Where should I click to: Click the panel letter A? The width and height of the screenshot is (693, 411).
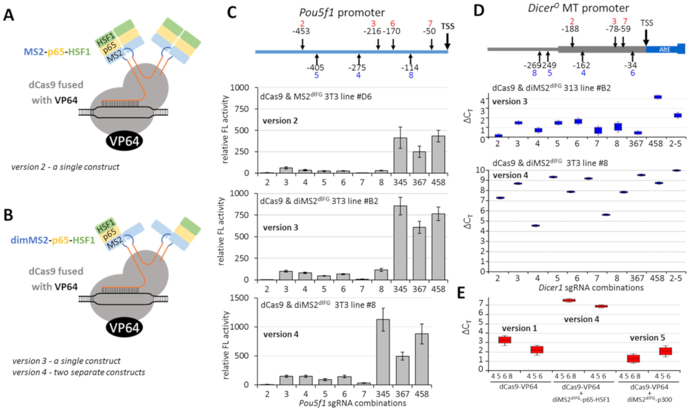[9, 15]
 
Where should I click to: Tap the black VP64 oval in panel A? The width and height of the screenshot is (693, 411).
[124, 141]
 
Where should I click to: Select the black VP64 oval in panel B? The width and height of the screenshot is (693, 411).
[124, 328]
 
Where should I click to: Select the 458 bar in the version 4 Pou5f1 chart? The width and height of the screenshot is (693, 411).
[421, 359]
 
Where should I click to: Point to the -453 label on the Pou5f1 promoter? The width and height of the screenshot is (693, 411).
[301, 31]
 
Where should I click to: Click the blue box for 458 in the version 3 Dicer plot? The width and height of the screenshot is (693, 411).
[658, 97]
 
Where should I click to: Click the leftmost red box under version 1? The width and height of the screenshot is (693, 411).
[505, 340]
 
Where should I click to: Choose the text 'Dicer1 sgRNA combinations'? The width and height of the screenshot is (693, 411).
[591, 288]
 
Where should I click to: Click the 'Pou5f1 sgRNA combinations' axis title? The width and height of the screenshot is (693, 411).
[352, 403]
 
